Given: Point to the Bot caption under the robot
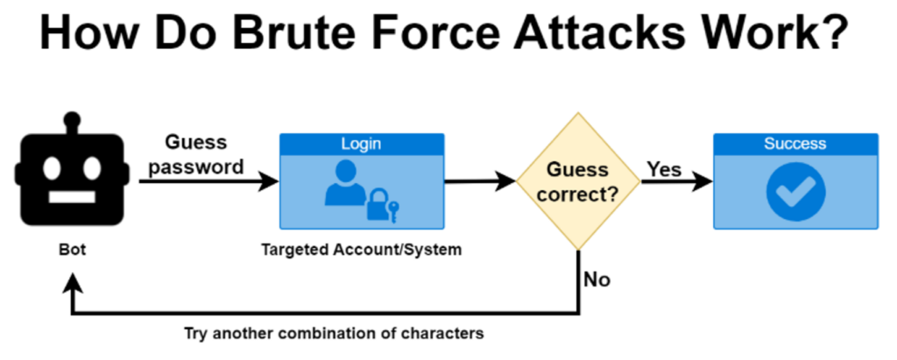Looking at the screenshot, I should click(x=73, y=251).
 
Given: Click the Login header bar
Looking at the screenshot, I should click(x=361, y=144).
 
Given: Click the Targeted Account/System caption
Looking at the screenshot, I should click(x=361, y=251).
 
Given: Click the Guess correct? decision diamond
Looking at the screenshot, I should click(x=578, y=182).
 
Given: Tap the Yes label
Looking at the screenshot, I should click(x=664, y=169).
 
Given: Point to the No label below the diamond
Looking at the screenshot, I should click(x=597, y=280).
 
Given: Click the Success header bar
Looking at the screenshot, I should click(x=795, y=144).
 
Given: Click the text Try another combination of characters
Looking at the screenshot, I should click(x=334, y=334).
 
